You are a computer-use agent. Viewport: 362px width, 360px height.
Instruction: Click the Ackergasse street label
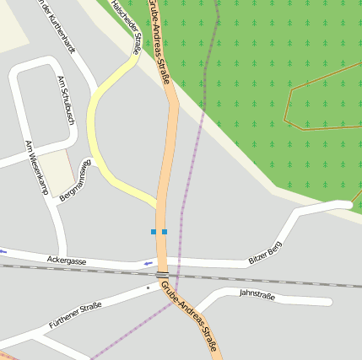pyautogui.click(x=67, y=261)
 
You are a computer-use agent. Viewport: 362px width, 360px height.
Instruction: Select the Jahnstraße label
pyautogui.click(x=257, y=293)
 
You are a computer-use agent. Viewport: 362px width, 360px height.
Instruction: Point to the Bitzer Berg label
pyautogui.click(x=265, y=252)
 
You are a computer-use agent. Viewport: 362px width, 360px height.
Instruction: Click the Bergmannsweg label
pyautogui.click(x=74, y=180)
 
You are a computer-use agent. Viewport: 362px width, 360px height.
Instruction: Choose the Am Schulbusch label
pyautogui.click(x=65, y=99)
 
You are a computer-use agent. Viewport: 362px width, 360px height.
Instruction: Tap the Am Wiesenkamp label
pyautogui.click(x=37, y=167)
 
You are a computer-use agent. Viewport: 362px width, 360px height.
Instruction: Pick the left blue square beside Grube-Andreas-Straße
pyautogui.click(x=154, y=231)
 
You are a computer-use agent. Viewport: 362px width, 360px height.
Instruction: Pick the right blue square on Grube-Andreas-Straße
pyautogui.click(x=165, y=231)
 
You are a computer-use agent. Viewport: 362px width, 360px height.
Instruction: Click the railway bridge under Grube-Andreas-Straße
pyautogui.click(x=162, y=274)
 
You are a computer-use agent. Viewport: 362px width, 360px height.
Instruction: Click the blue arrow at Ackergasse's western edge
pyautogui.click(x=4, y=250)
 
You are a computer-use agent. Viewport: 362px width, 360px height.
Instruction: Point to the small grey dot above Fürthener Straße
pyautogui.click(x=148, y=287)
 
